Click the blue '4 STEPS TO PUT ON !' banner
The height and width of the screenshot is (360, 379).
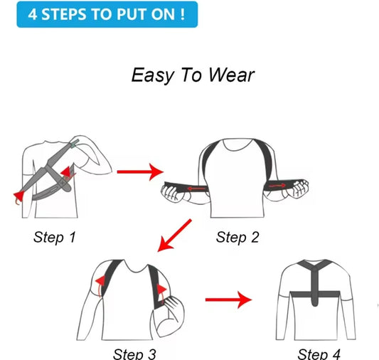107,14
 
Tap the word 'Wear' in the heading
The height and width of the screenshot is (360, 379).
231,75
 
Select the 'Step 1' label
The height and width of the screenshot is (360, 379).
55,237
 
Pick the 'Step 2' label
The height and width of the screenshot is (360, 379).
237,237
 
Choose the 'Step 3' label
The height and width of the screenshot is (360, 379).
134,354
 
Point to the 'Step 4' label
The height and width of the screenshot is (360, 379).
319,354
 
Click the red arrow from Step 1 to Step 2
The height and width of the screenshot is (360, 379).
140,172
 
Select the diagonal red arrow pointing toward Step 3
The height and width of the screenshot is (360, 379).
174,235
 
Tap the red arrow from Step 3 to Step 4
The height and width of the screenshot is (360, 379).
228,300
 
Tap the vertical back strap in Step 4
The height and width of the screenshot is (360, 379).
314,287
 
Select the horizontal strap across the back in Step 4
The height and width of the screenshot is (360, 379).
315,295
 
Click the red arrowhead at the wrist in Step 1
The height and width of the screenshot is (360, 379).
19,195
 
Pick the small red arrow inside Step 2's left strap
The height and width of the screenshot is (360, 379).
197,189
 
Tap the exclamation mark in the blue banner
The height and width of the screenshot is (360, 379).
182,14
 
